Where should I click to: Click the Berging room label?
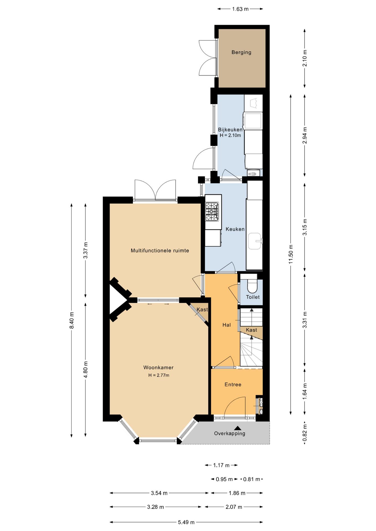pos(241,52)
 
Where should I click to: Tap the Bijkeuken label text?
pos(230,129)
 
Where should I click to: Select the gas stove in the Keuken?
pos(212,212)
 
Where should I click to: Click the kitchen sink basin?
pos(255,241)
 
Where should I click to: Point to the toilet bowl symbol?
pos(252,286)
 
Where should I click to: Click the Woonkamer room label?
pos(158,367)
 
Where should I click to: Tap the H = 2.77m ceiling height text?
pos(159,375)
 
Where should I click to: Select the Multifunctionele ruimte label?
pos(160,251)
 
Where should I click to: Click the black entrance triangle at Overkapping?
pos(238,428)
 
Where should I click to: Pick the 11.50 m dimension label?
pos(291,254)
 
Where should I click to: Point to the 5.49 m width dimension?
pos(186,522)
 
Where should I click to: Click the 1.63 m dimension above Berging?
pos(240,9)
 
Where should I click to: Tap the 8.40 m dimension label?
pos(72,320)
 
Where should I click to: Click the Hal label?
pos(226,325)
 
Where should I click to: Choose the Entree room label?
pos(233,384)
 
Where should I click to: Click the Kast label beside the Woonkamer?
pos(202,309)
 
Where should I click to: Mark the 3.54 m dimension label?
pos(159,493)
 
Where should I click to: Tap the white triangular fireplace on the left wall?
pos(117,300)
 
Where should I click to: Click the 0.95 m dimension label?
pos(224,479)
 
